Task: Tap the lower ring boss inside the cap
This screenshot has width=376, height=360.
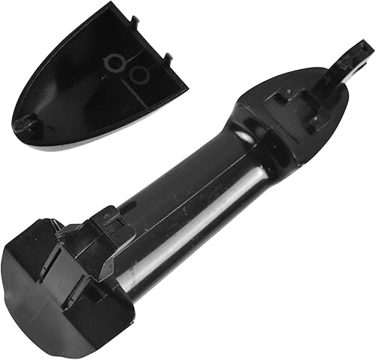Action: (138, 75)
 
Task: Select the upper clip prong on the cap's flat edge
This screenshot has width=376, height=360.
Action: (133, 22)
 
